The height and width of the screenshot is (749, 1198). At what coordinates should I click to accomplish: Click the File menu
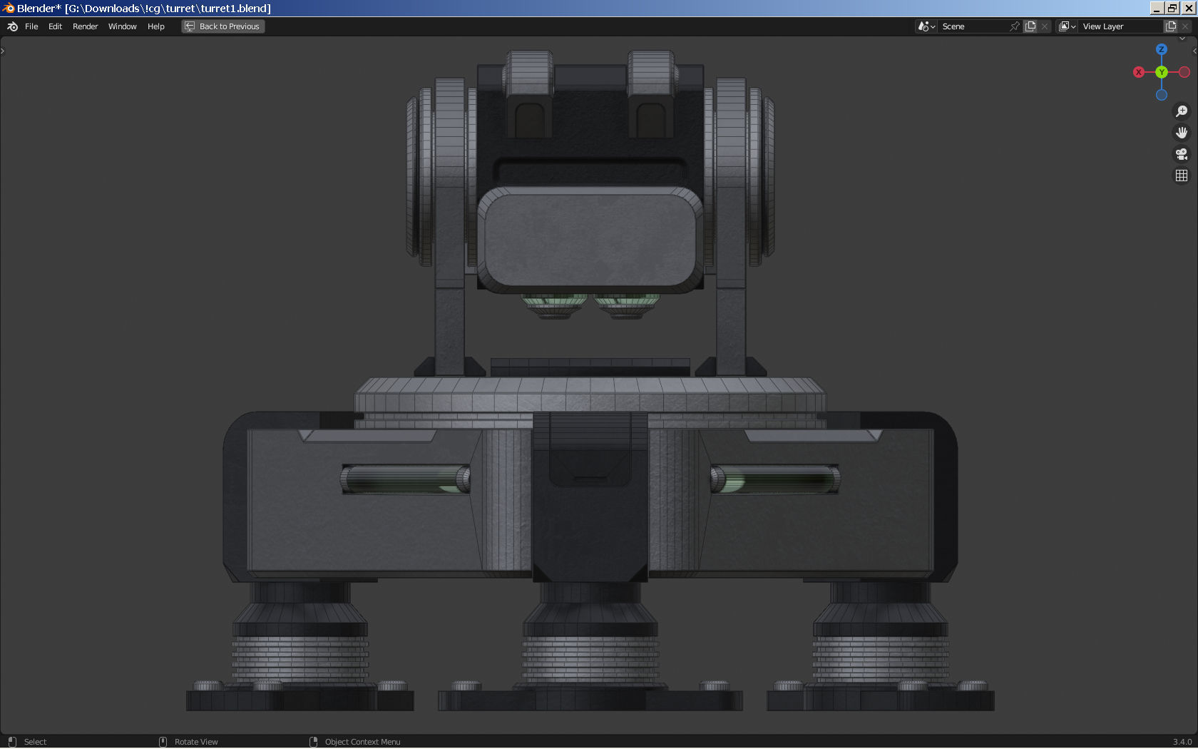[x=31, y=26]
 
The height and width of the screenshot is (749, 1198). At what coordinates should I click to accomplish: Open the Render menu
[x=85, y=26]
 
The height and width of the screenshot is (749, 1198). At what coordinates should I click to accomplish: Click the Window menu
[x=122, y=26]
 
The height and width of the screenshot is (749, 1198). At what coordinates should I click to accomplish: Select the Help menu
[x=155, y=26]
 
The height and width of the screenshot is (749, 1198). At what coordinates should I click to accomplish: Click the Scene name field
[x=973, y=26]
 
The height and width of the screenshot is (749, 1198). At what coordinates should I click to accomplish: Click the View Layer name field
[x=1120, y=26]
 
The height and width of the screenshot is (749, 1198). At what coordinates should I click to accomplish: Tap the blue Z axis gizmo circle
[x=1162, y=49]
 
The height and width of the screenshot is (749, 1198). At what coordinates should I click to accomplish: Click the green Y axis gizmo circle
[x=1162, y=72]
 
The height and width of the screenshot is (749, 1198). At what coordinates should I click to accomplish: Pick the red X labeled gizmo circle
[x=1139, y=72]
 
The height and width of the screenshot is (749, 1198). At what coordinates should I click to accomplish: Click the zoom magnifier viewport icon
[x=1182, y=111]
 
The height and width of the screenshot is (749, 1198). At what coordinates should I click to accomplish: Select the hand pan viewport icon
[x=1182, y=133]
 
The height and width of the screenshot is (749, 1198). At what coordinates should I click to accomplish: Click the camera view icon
[x=1182, y=154]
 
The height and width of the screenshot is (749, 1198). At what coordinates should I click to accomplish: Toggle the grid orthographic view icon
[x=1182, y=175]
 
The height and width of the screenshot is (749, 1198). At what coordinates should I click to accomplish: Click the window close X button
[x=1189, y=8]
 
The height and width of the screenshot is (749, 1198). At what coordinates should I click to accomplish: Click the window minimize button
[x=1157, y=8]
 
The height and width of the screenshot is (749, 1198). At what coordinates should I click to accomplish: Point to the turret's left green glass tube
[x=405, y=479]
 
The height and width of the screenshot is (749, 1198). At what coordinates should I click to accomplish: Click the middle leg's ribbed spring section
[x=590, y=661]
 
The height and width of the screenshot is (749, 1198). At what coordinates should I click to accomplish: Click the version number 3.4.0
[x=1182, y=742]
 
